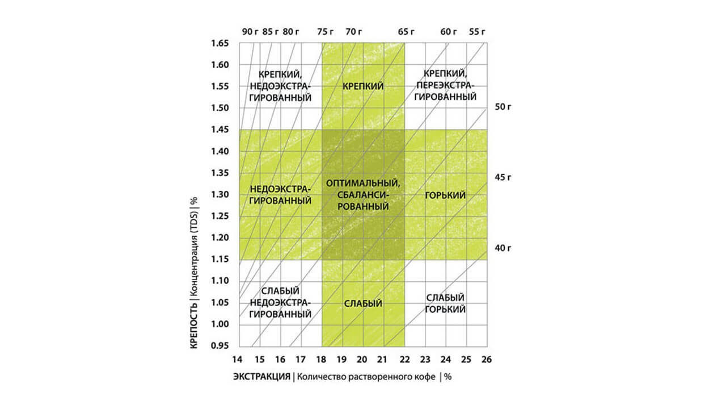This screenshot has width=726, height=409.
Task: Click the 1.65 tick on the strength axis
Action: [x=220, y=43]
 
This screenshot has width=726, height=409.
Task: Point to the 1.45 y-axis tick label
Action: [x=220, y=130]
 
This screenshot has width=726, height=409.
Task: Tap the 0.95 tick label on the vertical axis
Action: [x=220, y=346]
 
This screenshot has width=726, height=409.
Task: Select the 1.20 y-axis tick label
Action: [x=220, y=237]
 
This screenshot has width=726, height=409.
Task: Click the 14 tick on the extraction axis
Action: [x=237, y=360]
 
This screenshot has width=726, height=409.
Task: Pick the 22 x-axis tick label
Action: [x=404, y=360]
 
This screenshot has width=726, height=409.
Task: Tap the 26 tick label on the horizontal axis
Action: [x=487, y=360]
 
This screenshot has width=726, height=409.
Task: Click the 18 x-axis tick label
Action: [x=321, y=360]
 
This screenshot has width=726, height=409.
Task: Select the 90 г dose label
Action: [x=250, y=31]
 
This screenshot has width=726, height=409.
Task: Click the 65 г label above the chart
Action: [x=406, y=31]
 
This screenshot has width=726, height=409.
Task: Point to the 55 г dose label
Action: [x=477, y=31]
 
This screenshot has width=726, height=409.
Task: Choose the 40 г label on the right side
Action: [x=503, y=248]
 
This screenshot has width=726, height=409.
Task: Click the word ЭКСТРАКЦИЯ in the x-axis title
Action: [x=261, y=377]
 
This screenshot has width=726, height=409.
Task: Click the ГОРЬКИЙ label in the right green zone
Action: [x=445, y=195]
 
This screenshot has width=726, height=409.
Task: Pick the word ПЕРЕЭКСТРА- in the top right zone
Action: [x=445, y=85]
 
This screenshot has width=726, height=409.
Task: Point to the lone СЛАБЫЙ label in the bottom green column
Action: [x=363, y=303]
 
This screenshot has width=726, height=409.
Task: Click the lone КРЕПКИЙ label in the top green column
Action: [x=363, y=86]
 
